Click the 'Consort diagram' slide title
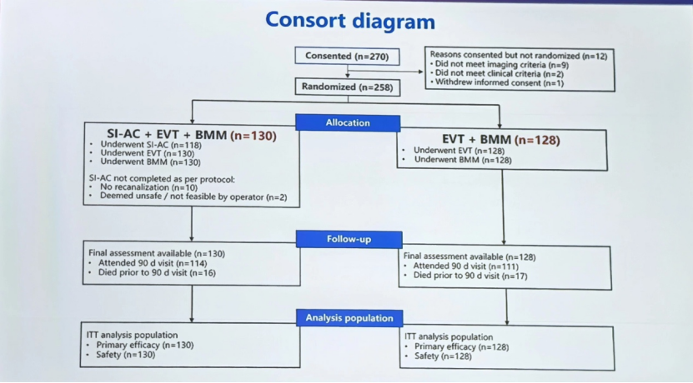pos(350,21)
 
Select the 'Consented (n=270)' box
pos(348,57)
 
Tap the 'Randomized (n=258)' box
pos(348,87)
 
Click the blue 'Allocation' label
pos(348,122)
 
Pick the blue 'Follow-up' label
pos(349,239)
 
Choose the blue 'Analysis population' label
pos(349,318)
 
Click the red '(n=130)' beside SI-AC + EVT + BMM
pos(254,136)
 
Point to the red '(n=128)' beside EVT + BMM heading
pos(537,140)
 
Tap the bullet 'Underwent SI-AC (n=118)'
pos(151,145)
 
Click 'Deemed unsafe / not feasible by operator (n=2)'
pos(193,196)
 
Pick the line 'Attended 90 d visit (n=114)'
pos(153,263)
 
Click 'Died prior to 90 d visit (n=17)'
pos(470,276)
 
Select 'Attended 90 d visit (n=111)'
pos(466,266)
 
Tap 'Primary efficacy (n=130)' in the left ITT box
pos(145,345)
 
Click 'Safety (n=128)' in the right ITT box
pos(443,356)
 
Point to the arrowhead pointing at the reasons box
pos(421,72)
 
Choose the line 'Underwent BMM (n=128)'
pos(463,160)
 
